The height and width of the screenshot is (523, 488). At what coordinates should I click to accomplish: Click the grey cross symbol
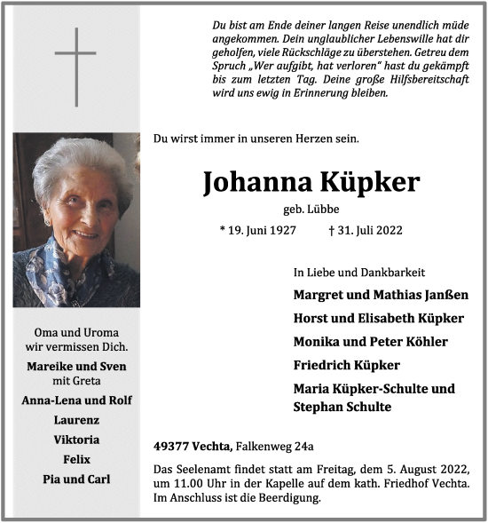pos(75,67)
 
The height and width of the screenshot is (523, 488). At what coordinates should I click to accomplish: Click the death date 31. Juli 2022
pos(366,230)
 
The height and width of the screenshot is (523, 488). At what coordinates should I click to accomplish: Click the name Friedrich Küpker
pos(346,365)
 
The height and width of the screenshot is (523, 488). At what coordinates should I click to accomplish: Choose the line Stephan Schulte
pos(342,407)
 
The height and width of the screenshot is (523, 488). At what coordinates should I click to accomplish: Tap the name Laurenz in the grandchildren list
pos(76,419)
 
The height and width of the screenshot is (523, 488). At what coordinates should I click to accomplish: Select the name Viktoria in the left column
pos(76,440)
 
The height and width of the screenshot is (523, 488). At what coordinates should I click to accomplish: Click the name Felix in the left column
pos(76,459)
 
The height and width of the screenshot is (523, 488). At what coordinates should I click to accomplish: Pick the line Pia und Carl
pos(76,479)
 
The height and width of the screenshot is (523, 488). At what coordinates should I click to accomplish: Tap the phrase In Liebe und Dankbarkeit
pos(359,272)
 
